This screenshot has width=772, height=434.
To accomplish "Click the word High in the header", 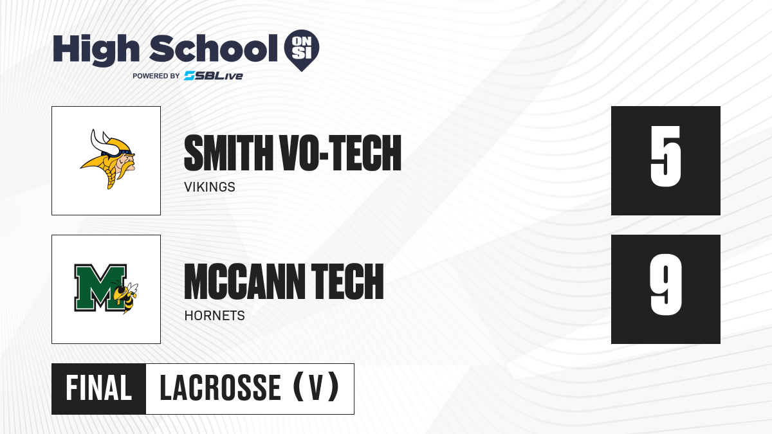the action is point(96,50).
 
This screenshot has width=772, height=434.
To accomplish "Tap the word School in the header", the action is point(214,48).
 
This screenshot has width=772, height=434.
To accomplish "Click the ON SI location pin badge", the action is point(302,50).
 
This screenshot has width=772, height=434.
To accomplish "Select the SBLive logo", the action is point(214,75).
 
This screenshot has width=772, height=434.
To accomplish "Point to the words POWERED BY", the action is point(156,76).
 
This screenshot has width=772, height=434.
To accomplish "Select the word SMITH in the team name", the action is point(228,152).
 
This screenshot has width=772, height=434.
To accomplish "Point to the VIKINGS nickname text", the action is point(210,187).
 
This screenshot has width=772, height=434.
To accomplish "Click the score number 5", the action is point(665,156).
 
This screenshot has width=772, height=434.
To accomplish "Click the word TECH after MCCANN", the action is point(347,282).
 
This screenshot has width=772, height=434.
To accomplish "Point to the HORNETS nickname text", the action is point(214,316).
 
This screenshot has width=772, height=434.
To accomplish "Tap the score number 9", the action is point(665,285).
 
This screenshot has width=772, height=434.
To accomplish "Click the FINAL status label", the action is point(99,388).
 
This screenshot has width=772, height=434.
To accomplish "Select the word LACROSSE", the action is point(221,388).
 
